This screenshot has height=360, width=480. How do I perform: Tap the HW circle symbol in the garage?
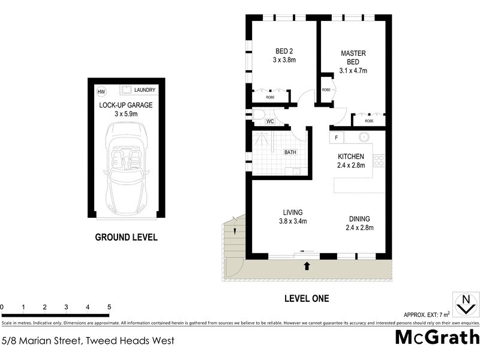pos(101,91)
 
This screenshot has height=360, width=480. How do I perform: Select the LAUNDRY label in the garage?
pos(145,90)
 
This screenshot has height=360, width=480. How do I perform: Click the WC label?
pos(270,121)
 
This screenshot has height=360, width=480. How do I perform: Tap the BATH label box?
pos(290,152)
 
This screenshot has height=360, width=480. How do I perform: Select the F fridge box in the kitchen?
pos(337,138)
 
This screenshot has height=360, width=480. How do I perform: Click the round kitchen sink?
pos(364,137)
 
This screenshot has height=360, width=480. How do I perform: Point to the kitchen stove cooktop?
pos(379,160)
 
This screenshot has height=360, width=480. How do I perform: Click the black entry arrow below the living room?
pos(307,265)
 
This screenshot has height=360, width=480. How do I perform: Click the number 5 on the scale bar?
pos(109,307)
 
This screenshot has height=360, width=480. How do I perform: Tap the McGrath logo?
pos(437,337)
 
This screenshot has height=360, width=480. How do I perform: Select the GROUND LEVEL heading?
pos(126,237)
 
